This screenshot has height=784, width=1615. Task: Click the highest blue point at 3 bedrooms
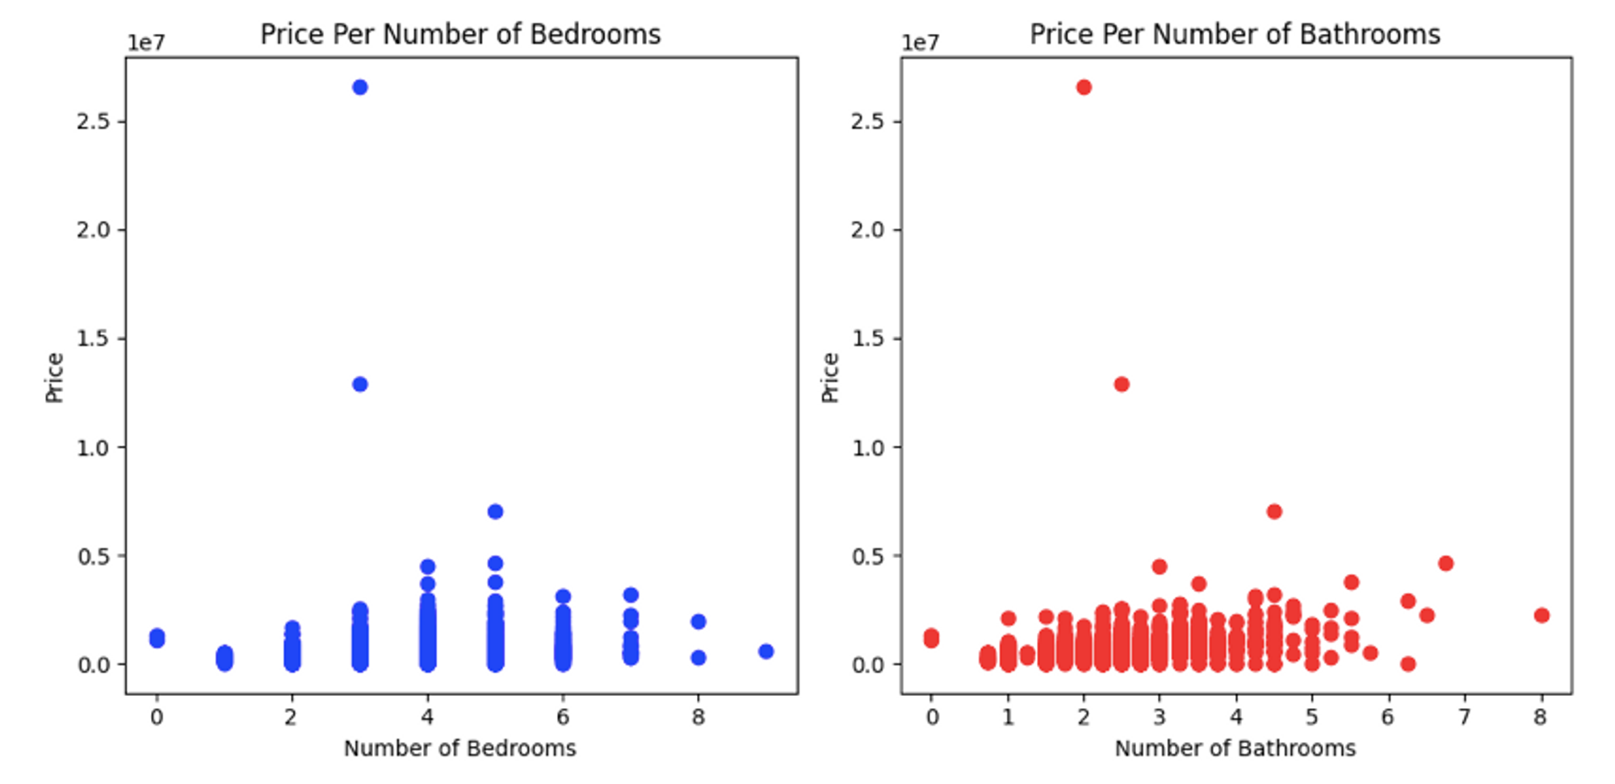[x=360, y=87]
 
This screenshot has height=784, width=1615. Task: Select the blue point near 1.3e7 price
[x=360, y=384]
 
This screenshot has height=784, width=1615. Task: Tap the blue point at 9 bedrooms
[x=766, y=652]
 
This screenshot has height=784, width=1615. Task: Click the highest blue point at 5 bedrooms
[x=496, y=512]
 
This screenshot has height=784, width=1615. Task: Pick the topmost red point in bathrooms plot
[x=1084, y=87]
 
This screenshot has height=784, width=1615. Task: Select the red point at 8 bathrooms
[x=1542, y=616]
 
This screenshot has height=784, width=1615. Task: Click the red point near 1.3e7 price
[x=1122, y=384]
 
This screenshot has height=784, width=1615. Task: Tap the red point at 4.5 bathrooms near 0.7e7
[x=1274, y=512]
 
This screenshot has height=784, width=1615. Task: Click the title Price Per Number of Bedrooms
[x=460, y=35]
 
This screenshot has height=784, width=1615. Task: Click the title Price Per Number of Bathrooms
[x=1235, y=35]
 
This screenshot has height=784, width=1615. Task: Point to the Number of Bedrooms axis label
[x=460, y=748]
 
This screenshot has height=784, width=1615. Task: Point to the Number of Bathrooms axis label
[x=1235, y=748]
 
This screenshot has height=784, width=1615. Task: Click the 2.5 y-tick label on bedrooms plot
[x=93, y=122]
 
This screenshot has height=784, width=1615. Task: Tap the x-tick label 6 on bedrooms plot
[x=563, y=717]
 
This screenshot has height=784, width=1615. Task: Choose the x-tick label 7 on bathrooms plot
[x=1464, y=717]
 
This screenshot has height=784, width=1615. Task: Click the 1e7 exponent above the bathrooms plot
[x=920, y=43]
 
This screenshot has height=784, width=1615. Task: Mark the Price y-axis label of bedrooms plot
[x=54, y=377]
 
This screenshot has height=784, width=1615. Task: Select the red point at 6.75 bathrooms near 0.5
[x=1445, y=564]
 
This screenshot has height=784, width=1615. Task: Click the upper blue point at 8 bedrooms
[x=698, y=622]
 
